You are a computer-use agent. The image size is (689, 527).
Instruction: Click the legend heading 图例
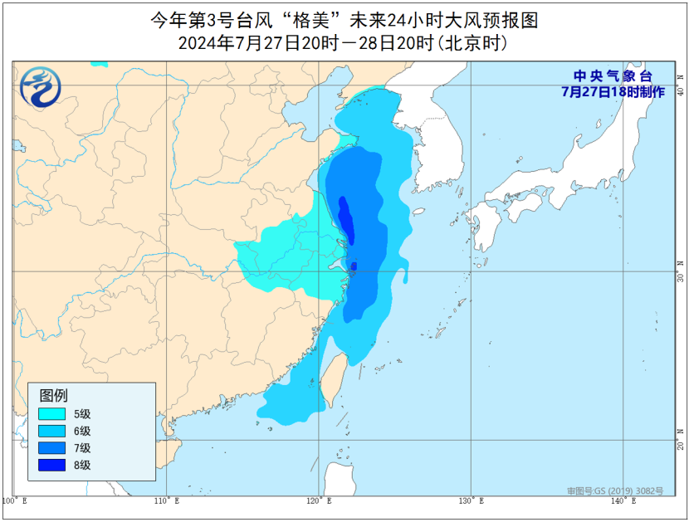(x=54, y=395)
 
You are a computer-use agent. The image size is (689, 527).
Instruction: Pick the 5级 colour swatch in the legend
(x=52, y=414)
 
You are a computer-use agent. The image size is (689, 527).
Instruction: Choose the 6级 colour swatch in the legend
(x=52, y=431)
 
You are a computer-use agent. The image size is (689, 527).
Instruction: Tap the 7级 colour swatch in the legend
(x=52, y=448)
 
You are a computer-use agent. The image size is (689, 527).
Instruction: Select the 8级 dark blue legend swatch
(x=52, y=465)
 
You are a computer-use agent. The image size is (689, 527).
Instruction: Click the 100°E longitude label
(x=14, y=500)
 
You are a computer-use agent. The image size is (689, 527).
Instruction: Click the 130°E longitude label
(x=470, y=500)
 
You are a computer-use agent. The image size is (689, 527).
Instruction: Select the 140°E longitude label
(x=622, y=500)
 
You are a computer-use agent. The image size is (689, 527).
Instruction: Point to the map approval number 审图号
(x=614, y=491)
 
